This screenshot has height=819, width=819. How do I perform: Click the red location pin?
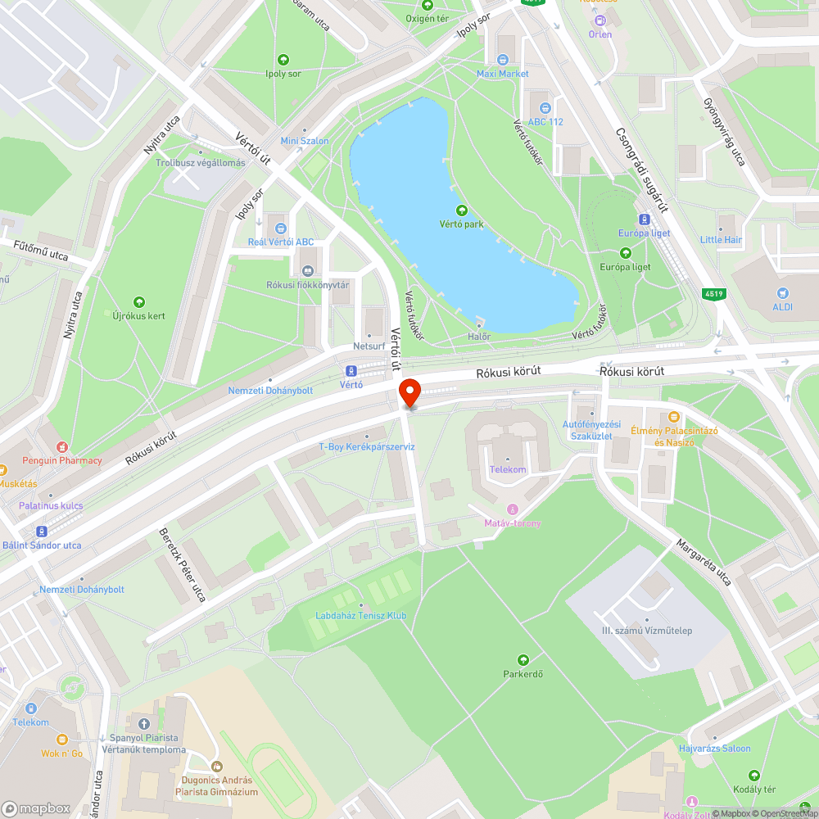coord(409,392)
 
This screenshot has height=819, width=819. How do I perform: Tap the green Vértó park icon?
coord(460,210)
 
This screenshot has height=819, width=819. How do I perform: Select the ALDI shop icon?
coord(784,292)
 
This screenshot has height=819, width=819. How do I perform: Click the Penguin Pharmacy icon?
coord(62,447)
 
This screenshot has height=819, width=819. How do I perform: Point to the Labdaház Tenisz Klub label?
coord(361,616)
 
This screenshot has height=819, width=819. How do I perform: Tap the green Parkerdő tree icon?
coord(523,660)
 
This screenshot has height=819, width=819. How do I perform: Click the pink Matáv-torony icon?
coord(513,510)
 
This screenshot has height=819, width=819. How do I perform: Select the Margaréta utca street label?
coord(703,562)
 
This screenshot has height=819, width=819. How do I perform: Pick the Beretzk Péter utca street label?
coord(182,563)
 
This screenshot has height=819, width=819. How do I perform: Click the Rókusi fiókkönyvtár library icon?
coord(308,271)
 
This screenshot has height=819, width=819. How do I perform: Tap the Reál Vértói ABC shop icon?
coord(281,229)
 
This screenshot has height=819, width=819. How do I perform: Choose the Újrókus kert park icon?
coord(138,302)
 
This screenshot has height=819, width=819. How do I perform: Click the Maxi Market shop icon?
coord(503,60)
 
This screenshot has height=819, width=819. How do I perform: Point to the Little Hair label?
coord(721,240)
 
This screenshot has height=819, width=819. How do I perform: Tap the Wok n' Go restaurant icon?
coord(62,739)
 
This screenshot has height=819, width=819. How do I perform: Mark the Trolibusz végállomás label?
coord(201,163)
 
